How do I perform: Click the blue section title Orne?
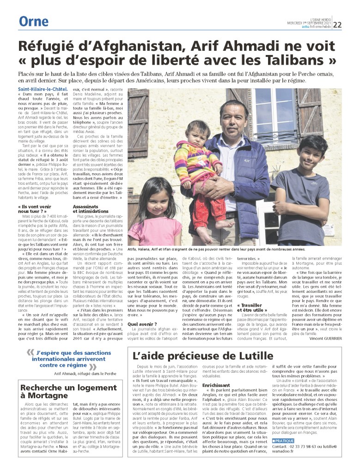pos(33,21)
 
